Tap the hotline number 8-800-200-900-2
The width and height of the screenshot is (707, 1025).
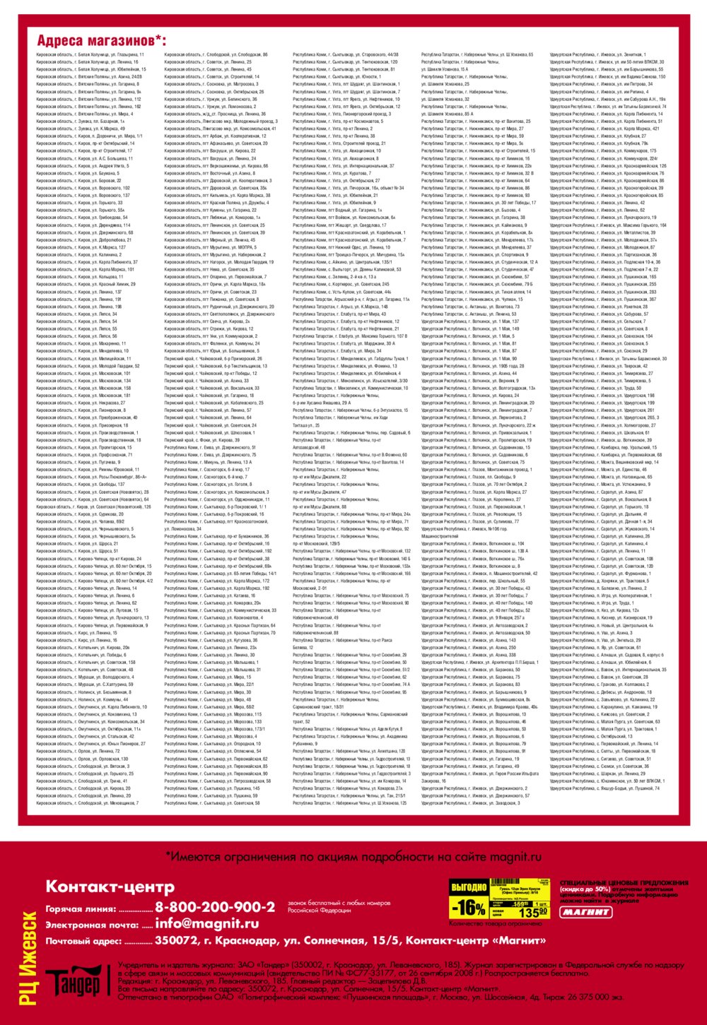215,907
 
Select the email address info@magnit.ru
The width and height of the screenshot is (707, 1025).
206,923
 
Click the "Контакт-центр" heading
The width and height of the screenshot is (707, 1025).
110,887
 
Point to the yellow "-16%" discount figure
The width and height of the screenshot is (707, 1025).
469,907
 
